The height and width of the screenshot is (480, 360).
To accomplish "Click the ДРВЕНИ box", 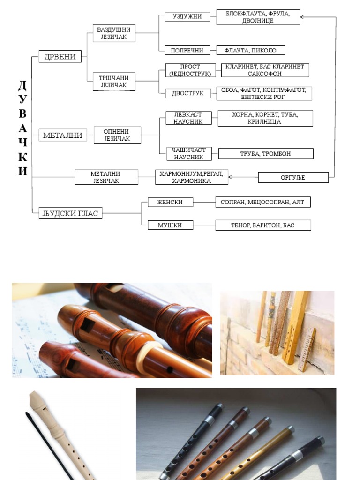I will point(60,56).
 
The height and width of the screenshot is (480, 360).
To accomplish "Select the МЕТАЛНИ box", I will point(63,135).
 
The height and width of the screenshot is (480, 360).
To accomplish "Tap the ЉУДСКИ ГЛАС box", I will point(70,214).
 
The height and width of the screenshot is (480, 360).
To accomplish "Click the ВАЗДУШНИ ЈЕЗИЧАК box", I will point(114,33).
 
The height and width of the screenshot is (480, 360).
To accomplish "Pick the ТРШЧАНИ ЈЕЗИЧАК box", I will point(114,81).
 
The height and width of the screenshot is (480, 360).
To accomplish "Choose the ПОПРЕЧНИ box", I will point(187,50).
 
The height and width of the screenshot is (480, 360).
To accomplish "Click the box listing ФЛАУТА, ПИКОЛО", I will point(250,50).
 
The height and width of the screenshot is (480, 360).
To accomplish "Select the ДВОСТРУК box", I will point(188,93).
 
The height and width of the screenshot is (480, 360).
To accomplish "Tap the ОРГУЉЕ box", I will point(293,177).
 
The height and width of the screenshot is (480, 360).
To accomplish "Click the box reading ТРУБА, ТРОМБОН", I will point(266,154).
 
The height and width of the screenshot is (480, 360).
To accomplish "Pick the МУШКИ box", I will point(170,225).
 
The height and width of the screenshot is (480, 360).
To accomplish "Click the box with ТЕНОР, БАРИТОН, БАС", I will point(263,225).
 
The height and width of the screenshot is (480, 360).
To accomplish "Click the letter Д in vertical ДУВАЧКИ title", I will point(22,86).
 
